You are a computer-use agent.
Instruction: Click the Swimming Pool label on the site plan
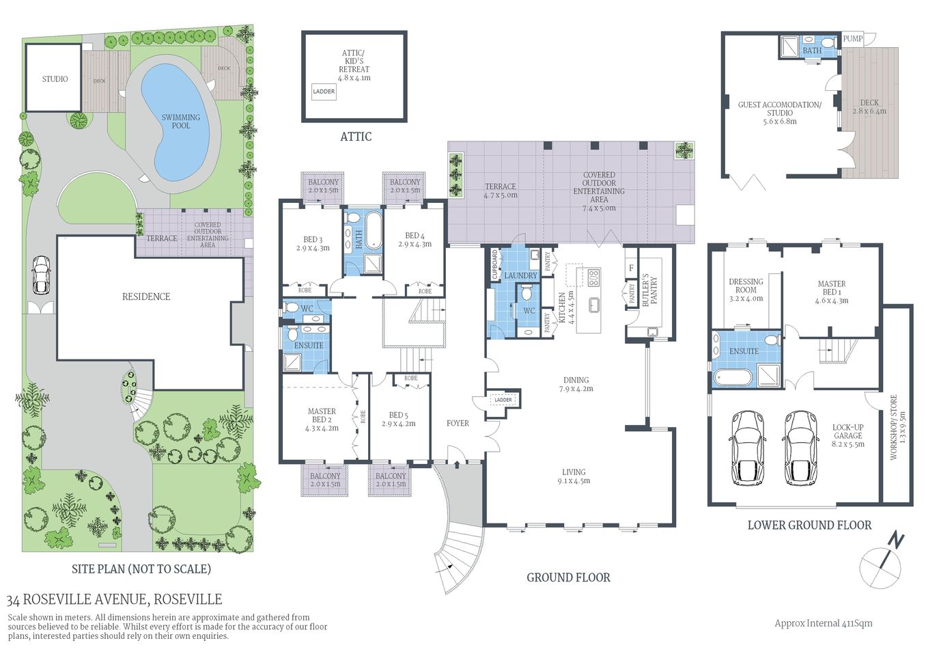tap(180, 121)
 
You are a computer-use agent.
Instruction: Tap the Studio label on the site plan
tap(55, 79)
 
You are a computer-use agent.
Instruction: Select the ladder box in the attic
tap(324, 92)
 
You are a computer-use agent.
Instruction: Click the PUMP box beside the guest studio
tap(852, 39)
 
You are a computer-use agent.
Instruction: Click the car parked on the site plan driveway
tap(41, 275)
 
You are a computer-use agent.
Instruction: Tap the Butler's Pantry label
tap(649, 290)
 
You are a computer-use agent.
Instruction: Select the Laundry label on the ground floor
tap(520, 275)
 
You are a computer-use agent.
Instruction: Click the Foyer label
tap(458, 424)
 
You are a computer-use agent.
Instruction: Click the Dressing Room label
tap(746, 286)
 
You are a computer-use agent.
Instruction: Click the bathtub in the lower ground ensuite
tap(733, 377)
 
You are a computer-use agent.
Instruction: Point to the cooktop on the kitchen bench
tap(593, 277)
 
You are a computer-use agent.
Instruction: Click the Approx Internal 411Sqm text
tap(823, 623)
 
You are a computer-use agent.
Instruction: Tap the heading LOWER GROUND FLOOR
tap(809, 525)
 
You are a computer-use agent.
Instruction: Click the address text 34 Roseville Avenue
tap(114, 600)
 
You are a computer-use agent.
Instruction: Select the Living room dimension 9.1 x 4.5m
tap(574, 481)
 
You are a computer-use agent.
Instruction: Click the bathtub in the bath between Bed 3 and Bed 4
tap(374, 231)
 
